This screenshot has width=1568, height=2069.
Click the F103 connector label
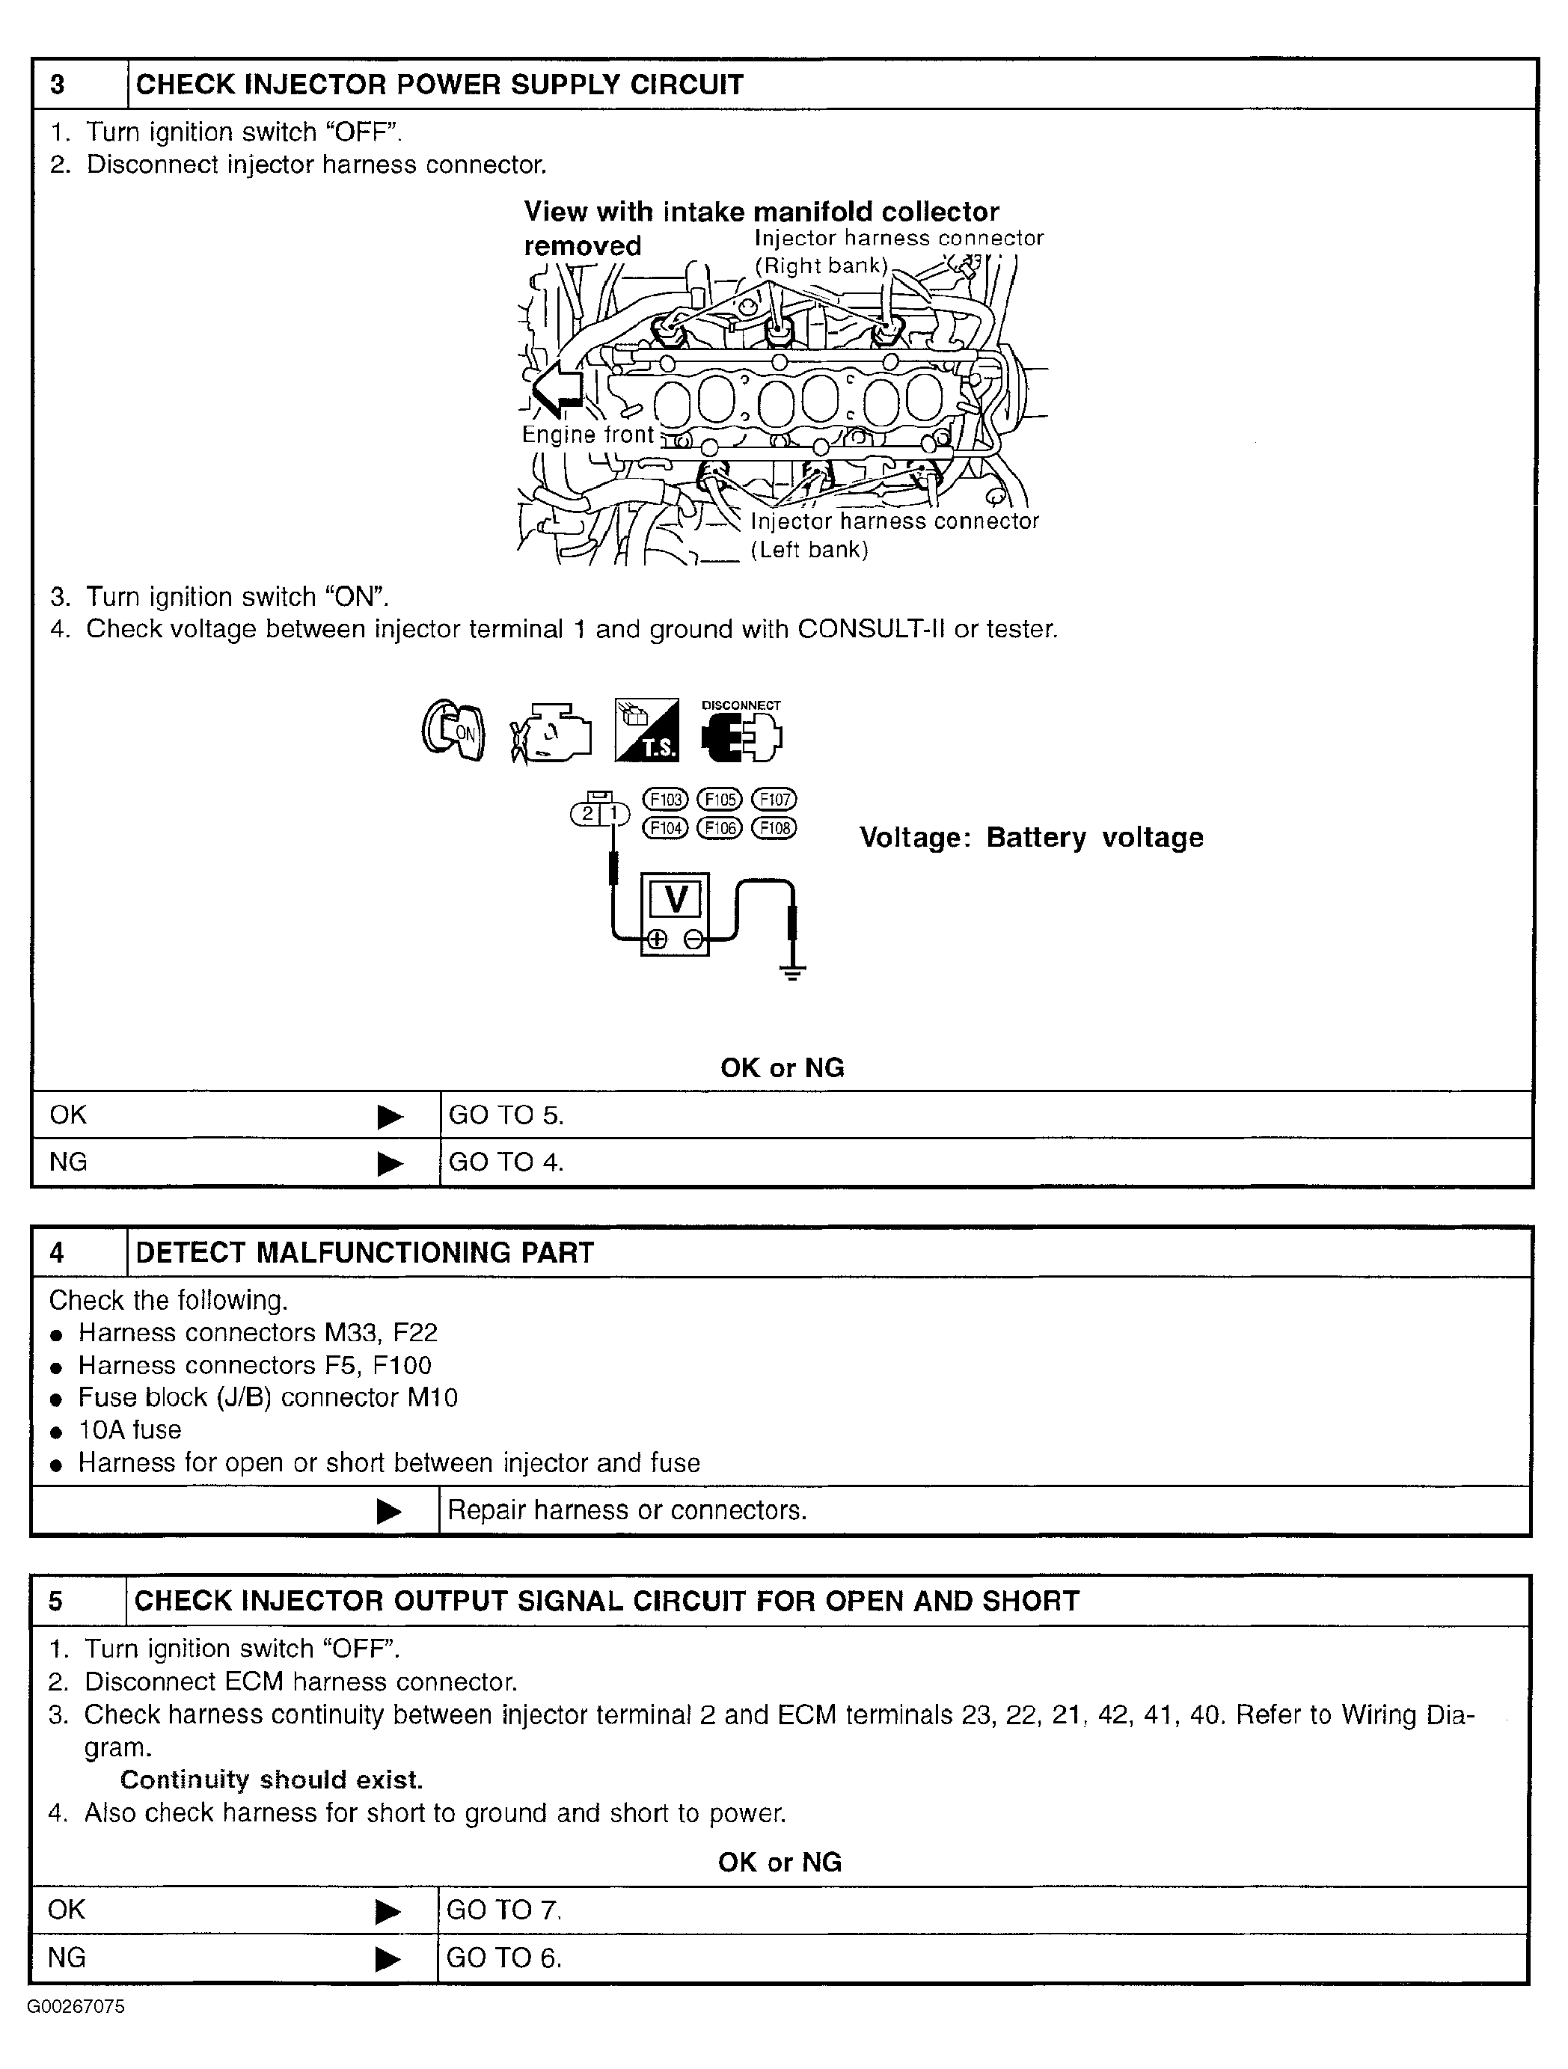665,800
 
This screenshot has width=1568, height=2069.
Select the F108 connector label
774,828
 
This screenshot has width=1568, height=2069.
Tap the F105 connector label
720,800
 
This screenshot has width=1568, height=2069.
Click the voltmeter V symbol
675,901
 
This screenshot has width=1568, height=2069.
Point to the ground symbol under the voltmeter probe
792,972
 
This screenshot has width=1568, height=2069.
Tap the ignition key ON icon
453,731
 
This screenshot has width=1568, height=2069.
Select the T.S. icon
646,731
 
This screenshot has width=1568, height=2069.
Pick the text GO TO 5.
506,1115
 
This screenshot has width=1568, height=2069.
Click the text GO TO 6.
504,1958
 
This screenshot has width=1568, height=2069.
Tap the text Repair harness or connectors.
627,1510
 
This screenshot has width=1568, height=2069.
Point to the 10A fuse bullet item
129,1430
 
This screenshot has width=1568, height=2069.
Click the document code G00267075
75,2007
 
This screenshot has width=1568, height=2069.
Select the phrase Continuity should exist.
272,1779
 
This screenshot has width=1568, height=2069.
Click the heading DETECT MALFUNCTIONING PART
365,1252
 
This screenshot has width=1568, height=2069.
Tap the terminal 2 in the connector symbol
587,814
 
